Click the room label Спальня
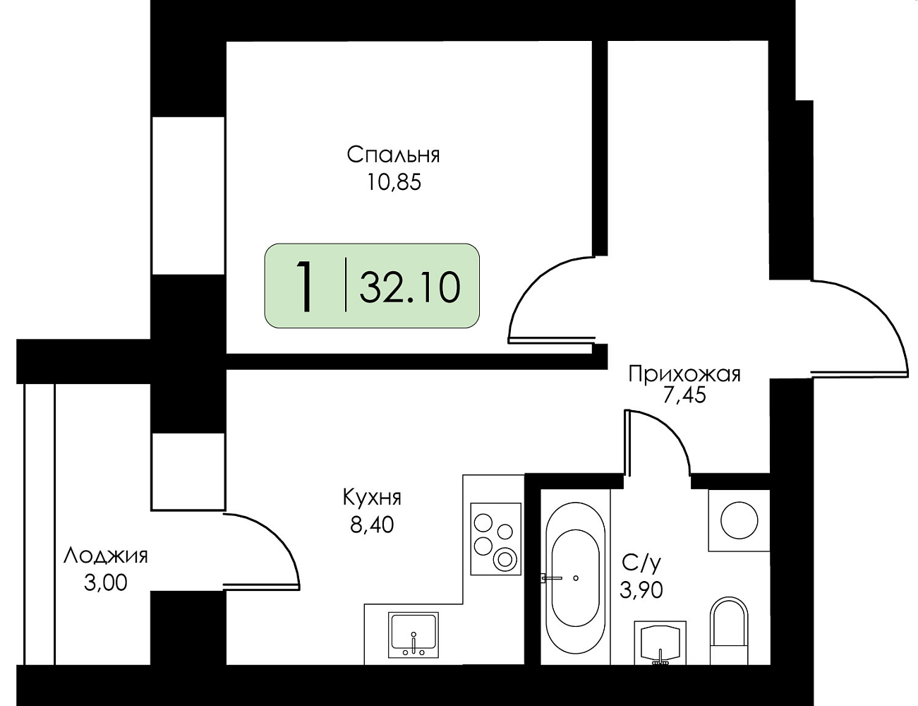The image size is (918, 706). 394,154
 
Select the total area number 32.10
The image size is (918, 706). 410,287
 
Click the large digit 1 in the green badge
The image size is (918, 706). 305,286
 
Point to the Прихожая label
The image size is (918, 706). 684,373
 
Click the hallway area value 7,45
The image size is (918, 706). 684,395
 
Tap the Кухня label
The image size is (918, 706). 371,497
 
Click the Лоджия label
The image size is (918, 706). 106,556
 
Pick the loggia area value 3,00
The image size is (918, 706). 106,583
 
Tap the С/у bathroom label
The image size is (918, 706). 641,562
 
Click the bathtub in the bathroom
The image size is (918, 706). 576,578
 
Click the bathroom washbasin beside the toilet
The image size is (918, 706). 660,642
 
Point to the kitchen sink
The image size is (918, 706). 413,633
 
